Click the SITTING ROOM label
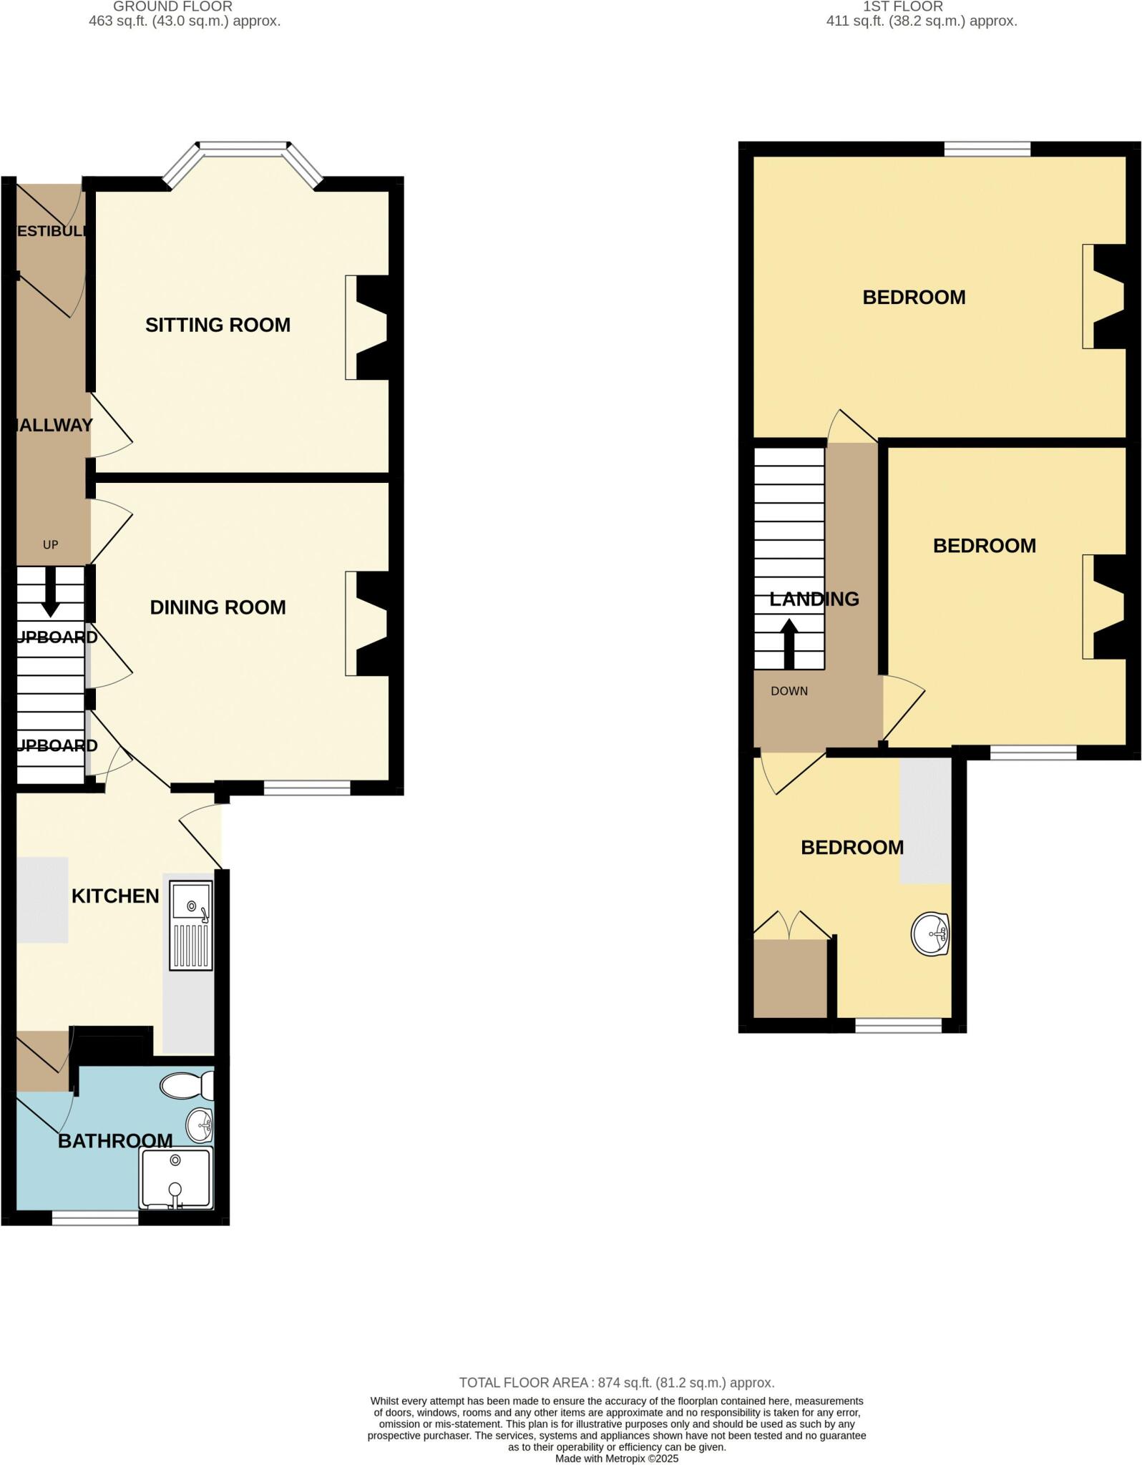218,325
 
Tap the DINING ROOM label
218,608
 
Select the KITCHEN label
115,896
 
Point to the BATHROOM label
115,1141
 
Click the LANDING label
814,599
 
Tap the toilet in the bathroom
186,1086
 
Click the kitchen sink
191,925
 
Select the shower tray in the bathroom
177,1178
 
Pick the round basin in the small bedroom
930,934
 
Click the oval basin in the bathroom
200,1125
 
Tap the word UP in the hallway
50,545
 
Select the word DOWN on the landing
789,691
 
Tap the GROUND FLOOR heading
173,6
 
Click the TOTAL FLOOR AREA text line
617,1383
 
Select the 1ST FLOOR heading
903,6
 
